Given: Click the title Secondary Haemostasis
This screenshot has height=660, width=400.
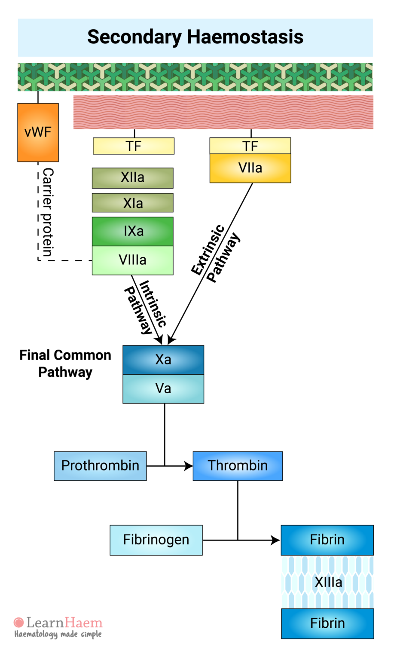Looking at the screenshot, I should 195,37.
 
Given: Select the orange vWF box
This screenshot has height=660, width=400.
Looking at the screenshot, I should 38,132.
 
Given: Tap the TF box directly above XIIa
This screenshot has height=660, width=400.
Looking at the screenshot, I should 134,146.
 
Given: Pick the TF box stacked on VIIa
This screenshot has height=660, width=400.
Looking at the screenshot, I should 250,146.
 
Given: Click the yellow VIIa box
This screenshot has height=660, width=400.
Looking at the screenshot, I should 250,168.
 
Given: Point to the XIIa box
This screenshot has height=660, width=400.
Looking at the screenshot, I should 133,178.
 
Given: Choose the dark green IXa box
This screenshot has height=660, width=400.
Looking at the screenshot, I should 133,231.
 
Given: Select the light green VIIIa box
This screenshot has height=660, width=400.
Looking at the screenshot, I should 133,260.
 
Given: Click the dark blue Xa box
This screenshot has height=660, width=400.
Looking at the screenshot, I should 163,360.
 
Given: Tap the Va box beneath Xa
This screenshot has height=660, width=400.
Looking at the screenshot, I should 163,388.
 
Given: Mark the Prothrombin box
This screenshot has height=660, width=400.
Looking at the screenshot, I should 100,466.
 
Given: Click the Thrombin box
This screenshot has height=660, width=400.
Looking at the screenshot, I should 238,466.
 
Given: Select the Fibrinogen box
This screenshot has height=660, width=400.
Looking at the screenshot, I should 156,540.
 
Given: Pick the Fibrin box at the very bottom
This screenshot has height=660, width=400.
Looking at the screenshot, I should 327,623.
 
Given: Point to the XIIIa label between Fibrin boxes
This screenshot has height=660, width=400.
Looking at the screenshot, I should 328,582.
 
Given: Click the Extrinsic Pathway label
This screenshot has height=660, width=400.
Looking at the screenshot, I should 215,253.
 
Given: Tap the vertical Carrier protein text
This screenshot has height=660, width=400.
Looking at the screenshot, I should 48,212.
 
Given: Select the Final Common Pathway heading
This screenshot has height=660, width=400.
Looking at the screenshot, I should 65,364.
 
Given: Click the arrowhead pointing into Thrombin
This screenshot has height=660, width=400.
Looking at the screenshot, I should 189,466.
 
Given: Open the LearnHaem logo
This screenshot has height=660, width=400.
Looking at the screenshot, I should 58,627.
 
